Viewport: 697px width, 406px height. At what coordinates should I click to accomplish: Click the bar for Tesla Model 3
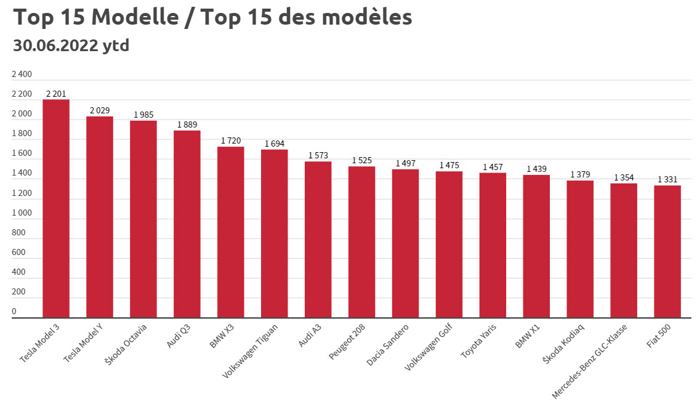click(x=56, y=209)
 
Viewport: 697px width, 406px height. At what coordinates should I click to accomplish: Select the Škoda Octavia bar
click(x=143, y=219)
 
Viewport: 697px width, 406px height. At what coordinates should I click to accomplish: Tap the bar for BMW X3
click(x=231, y=232)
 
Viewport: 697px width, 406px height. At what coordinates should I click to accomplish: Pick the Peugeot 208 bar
click(x=361, y=242)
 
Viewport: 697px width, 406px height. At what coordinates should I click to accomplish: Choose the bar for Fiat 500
click(x=667, y=251)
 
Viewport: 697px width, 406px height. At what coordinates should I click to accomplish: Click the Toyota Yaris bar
click(x=493, y=245)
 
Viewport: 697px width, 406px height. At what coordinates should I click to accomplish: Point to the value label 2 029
click(x=100, y=110)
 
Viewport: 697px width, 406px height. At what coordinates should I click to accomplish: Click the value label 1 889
click(x=187, y=124)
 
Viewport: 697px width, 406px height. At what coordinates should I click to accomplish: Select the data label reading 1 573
click(x=318, y=155)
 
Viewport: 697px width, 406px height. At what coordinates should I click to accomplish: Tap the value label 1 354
click(x=624, y=177)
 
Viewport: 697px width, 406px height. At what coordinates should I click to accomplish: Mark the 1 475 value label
click(x=449, y=165)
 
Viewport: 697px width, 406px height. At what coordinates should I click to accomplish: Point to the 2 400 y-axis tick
click(x=22, y=75)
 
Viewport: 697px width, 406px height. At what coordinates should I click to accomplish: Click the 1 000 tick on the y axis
click(x=22, y=213)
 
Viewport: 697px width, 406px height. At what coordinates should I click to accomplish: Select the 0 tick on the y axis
click(x=14, y=312)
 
